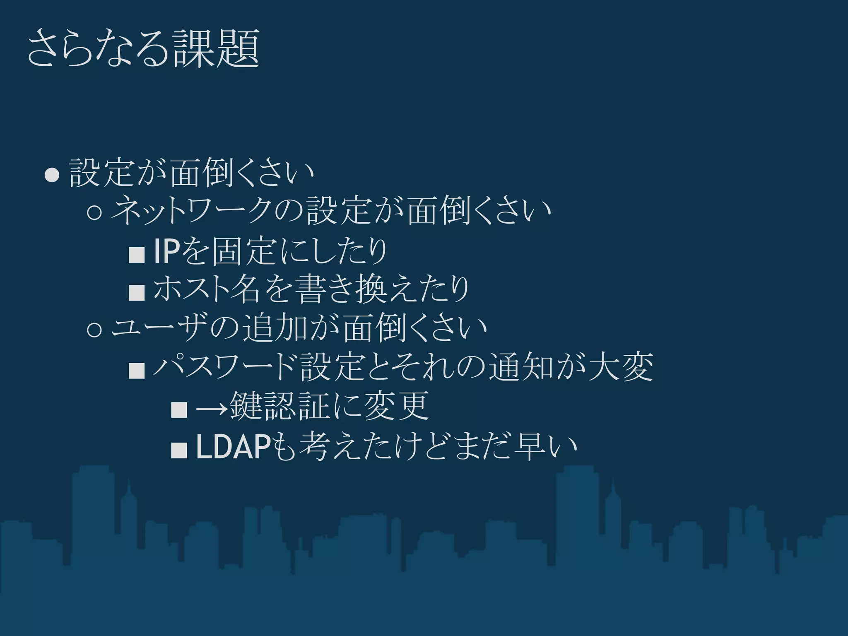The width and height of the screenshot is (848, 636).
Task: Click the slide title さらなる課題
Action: (x=143, y=49)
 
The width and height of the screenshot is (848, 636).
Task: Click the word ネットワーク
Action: (x=195, y=211)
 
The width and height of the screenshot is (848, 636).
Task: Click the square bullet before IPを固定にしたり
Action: (x=137, y=253)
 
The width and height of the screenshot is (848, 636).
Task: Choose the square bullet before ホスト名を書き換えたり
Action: (x=137, y=292)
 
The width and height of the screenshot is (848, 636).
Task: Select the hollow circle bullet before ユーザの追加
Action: (x=95, y=330)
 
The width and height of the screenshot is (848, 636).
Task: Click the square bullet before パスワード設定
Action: (x=137, y=369)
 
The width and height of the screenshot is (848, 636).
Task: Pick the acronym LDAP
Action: (x=234, y=447)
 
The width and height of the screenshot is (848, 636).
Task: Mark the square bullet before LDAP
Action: (x=179, y=450)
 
